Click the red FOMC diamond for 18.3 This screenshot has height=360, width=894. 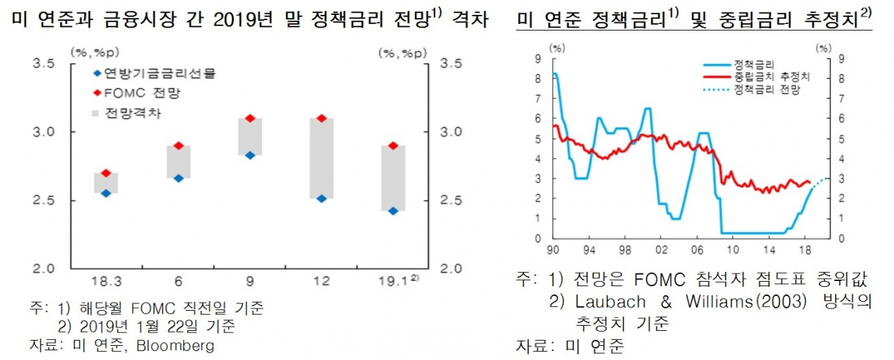tap(106, 173)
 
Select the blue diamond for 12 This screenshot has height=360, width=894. tap(321, 199)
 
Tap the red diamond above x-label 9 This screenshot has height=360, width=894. tap(250, 119)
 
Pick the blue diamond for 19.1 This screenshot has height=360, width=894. tap(393, 211)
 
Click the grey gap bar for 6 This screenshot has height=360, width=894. tap(178, 162)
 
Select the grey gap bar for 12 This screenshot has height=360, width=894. tap(321, 158)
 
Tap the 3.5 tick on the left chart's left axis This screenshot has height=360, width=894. tap(44, 64)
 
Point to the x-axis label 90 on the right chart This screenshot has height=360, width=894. tap(553, 249)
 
